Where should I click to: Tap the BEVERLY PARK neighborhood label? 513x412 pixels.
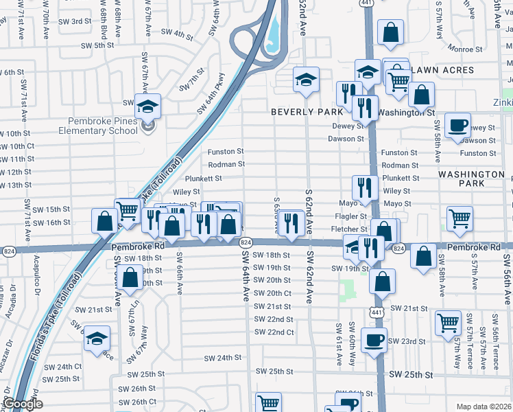306,111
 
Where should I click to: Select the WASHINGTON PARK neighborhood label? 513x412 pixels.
472,179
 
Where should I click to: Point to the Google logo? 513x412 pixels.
23,404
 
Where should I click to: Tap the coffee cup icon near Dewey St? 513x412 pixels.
457,126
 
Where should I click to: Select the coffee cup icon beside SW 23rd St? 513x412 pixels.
374,340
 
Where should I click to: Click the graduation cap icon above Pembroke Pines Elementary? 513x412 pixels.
147,106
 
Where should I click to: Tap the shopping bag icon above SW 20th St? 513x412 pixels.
129,278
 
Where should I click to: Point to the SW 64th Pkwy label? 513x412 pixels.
211,94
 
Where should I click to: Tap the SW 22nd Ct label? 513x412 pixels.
274,332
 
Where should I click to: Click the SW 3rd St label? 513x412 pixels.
76,21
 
